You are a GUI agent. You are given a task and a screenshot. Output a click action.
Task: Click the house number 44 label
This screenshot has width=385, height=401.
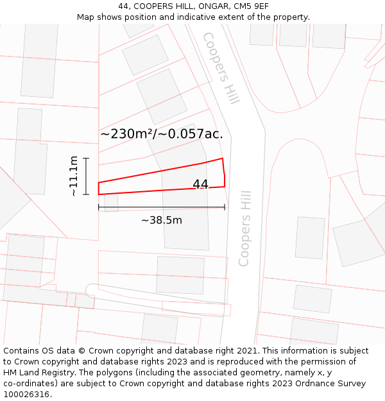201,184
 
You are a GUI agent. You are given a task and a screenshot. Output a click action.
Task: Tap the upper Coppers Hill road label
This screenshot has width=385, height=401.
221,68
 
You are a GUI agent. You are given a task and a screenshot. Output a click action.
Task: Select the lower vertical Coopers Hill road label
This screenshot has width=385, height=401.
244,228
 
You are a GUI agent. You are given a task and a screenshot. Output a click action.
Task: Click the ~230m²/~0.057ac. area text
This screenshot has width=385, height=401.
162,134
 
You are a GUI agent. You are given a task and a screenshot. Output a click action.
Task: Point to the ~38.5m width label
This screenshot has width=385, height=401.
162,220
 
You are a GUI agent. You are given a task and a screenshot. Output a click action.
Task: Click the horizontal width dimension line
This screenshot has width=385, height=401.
162,207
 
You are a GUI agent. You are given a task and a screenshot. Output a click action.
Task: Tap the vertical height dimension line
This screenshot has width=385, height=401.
86,176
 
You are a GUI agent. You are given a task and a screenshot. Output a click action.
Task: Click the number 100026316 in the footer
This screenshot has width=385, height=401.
27,395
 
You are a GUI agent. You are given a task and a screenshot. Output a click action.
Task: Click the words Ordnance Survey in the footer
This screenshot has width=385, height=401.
334,384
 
